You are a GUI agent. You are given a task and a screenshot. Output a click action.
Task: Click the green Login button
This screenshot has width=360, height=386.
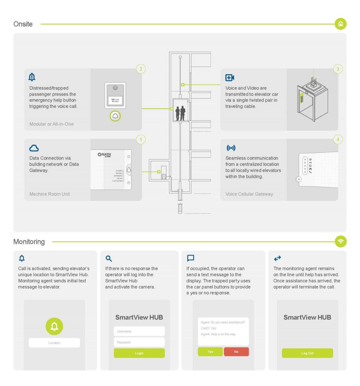click(139, 353)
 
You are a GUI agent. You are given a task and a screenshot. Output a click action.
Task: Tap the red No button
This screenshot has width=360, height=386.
click(236, 352)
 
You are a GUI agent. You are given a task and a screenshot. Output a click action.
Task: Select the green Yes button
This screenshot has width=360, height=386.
click(210, 352)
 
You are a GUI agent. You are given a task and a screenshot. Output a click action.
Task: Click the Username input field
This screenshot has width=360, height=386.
click(139, 331)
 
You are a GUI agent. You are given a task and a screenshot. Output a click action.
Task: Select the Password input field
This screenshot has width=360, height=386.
click(139, 342)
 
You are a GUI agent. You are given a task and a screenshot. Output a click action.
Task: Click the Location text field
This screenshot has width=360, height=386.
click(54, 343)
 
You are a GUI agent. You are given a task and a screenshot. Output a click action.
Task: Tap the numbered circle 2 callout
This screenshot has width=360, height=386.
click(141, 69)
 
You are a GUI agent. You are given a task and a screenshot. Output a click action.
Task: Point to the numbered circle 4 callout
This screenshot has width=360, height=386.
click(338, 139)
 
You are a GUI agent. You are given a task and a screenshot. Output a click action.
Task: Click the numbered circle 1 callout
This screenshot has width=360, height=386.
click(141, 139)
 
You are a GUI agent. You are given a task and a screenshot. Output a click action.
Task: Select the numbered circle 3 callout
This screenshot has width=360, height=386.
click(338, 69)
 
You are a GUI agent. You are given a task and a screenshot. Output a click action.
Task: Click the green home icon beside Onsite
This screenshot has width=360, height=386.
click(340, 24)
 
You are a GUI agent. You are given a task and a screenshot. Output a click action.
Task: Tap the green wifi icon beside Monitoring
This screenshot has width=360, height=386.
click(340, 241)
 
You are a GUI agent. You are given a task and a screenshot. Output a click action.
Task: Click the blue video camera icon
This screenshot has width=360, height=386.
click(229, 78)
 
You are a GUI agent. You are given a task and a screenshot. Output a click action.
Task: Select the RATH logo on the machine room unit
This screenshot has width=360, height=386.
click(105, 155)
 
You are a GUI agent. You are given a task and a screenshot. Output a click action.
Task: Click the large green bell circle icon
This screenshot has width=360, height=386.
click(54, 326)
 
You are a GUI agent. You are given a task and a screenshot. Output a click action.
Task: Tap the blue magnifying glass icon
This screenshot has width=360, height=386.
click(109, 259)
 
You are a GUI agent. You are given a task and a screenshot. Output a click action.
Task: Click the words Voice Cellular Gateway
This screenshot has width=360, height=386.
click(249, 194)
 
